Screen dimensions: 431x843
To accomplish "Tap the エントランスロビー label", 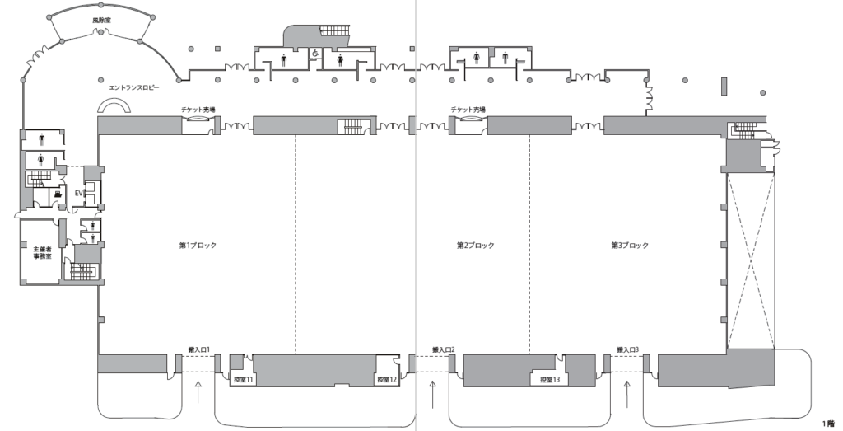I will point(134,87).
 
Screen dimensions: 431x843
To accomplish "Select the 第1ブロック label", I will point(198,246).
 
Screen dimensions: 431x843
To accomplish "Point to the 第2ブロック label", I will point(476,246).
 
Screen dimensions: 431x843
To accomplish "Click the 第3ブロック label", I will point(630,246).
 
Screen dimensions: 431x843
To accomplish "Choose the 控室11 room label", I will point(244,380).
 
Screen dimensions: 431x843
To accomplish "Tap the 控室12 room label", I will point(387,380).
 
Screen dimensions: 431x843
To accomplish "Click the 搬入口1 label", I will point(200,351).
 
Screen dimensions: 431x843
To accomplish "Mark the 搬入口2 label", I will point(444,351).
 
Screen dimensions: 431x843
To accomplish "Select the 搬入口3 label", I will point(628,351).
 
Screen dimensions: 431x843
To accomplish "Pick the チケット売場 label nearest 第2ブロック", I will point(468,110).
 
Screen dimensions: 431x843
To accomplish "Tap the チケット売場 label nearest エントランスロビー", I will point(198,110).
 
